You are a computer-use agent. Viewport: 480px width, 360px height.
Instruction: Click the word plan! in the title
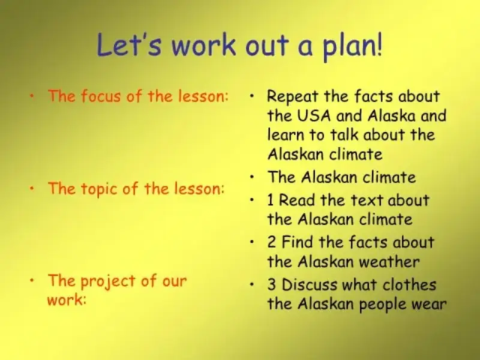coord(353,47)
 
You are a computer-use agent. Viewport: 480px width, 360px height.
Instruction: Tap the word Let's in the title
coord(129,44)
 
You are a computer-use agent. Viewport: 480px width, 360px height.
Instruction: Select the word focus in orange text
coord(101,96)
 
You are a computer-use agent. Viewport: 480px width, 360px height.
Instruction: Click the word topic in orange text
coord(100,189)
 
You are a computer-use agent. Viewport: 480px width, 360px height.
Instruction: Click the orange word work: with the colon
coord(67,299)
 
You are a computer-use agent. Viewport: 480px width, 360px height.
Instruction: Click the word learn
coord(286,134)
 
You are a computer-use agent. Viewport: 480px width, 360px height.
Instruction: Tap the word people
coord(382,305)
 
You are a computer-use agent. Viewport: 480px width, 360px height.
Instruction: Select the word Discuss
coord(310,284)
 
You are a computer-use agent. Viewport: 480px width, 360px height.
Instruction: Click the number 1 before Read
coord(271,200)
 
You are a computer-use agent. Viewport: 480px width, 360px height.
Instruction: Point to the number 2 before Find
coord(272,242)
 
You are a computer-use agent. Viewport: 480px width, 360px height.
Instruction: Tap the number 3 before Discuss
coord(272,284)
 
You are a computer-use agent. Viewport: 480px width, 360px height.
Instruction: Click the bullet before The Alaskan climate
coord(251,176)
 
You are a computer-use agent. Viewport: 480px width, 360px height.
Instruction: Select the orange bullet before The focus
coord(32,96)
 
